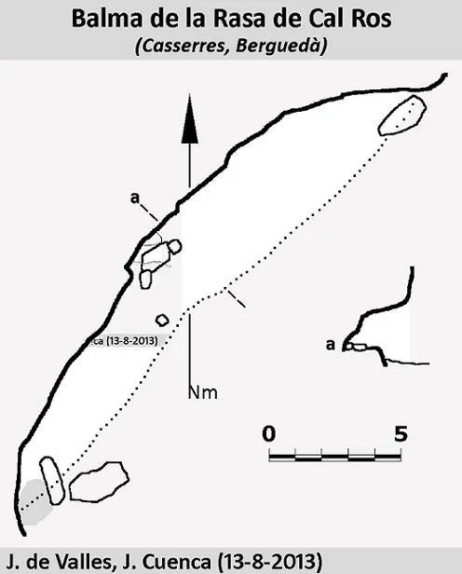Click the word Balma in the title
click(x=106, y=19)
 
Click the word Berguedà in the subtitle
click(x=281, y=47)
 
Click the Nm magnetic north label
click(x=203, y=393)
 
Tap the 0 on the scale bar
click(x=269, y=434)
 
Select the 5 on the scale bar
click(x=401, y=434)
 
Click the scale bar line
click(x=335, y=457)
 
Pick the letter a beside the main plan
click(x=135, y=198)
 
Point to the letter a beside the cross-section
click(x=331, y=345)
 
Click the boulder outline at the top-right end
click(x=402, y=115)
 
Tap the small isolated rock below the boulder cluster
click(x=162, y=321)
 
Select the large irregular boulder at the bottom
click(x=99, y=481)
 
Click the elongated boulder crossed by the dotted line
click(x=52, y=480)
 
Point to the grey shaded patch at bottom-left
click(x=35, y=502)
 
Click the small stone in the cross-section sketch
click(x=359, y=347)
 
